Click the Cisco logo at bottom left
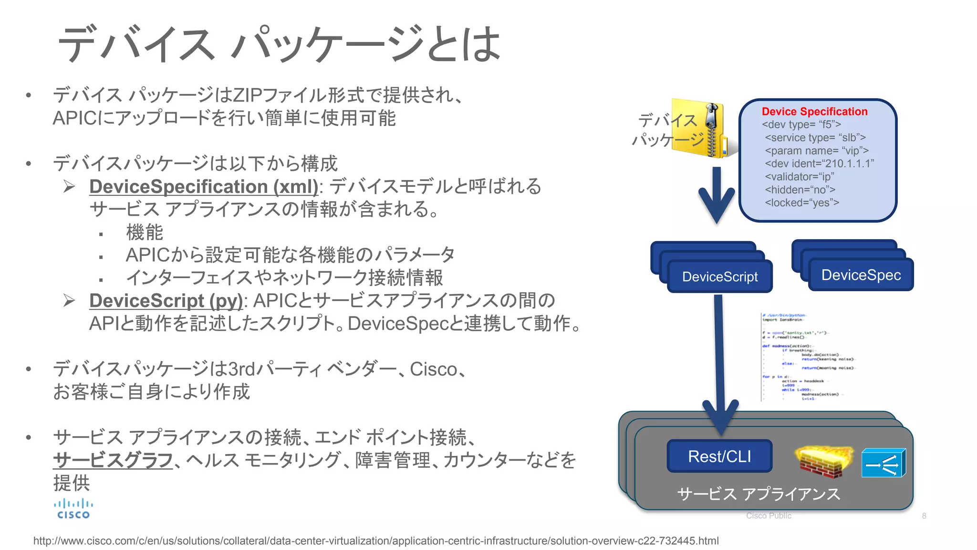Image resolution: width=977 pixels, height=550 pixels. pyautogui.click(x=73, y=509)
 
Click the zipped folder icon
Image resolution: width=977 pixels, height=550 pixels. pyautogui.click(x=700, y=128)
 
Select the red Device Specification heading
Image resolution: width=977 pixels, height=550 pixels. pyautogui.click(x=814, y=112)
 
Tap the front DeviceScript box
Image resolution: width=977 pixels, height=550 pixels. pyautogui.click(x=720, y=277)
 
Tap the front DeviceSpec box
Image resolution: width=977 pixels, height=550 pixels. pyautogui.click(x=861, y=275)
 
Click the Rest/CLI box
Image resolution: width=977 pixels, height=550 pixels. pyautogui.click(x=719, y=456)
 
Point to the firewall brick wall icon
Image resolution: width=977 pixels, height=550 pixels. pyautogui.click(x=824, y=461)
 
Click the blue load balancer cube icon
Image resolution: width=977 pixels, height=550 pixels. pyautogui.click(x=883, y=463)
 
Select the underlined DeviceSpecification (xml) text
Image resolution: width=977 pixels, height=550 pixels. pyautogui.click(x=204, y=187)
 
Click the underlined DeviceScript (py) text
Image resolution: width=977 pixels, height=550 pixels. pyautogui.click(x=166, y=301)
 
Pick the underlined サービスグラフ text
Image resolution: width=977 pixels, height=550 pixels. pyautogui.click(x=113, y=460)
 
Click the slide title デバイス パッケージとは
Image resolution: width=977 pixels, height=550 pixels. pyautogui.click(x=279, y=44)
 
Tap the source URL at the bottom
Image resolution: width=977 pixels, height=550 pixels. pyautogui.click(x=376, y=541)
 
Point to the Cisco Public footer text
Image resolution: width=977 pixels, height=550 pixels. pyautogui.click(x=769, y=516)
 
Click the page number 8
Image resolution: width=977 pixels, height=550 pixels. pyautogui.click(x=924, y=516)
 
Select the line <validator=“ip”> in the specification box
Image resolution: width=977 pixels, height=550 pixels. pyautogui.click(x=800, y=177)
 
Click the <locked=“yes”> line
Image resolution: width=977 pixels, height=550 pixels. pyautogui.click(x=802, y=203)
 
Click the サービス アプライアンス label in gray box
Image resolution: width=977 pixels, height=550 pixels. pyautogui.click(x=759, y=494)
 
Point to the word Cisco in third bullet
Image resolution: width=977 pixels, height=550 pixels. pyautogui.click(x=434, y=369)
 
